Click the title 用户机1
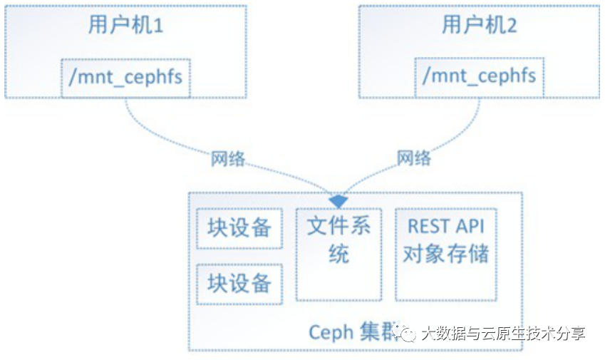click(126, 26)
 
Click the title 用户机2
click(479, 26)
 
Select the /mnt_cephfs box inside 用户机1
click(126, 76)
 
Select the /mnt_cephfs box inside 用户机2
click(479, 76)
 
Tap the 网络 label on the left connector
click(228, 158)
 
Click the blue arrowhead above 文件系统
click(338, 202)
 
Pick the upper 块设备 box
click(239, 228)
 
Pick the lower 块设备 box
click(239, 283)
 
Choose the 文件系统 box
click(338, 254)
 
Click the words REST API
click(445, 227)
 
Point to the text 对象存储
click(446, 254)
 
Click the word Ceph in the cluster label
click(331, 332)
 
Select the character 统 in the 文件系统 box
click(339, 254)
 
